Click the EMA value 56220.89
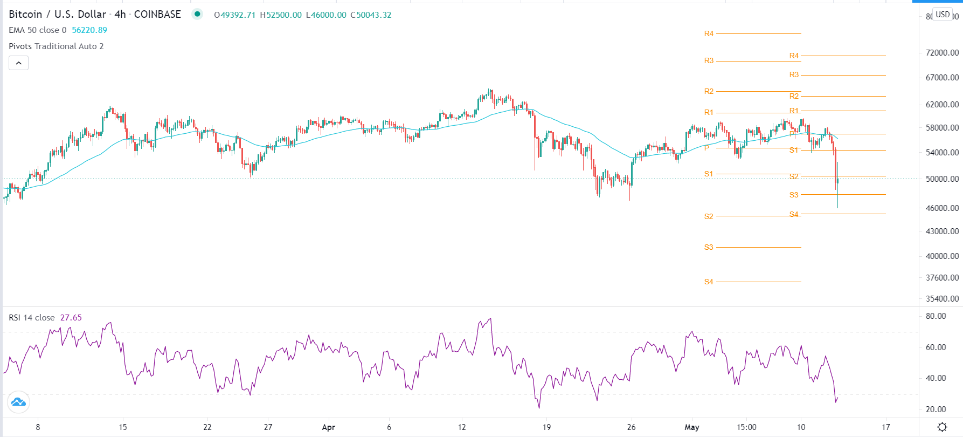89,30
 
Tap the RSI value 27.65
71,318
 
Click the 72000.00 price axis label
942,53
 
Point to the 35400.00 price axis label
942,299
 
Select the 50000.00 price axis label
942,179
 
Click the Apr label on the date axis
328,427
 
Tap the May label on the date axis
691,427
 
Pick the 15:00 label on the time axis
746,427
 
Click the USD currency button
943,15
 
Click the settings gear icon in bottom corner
942,427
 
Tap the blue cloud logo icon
18,402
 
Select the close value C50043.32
371,15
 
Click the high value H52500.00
281,15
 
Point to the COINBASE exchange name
157,15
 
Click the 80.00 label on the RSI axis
936,316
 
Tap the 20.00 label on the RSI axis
936,409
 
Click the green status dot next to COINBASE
198,14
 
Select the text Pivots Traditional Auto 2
56,46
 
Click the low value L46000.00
326,15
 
